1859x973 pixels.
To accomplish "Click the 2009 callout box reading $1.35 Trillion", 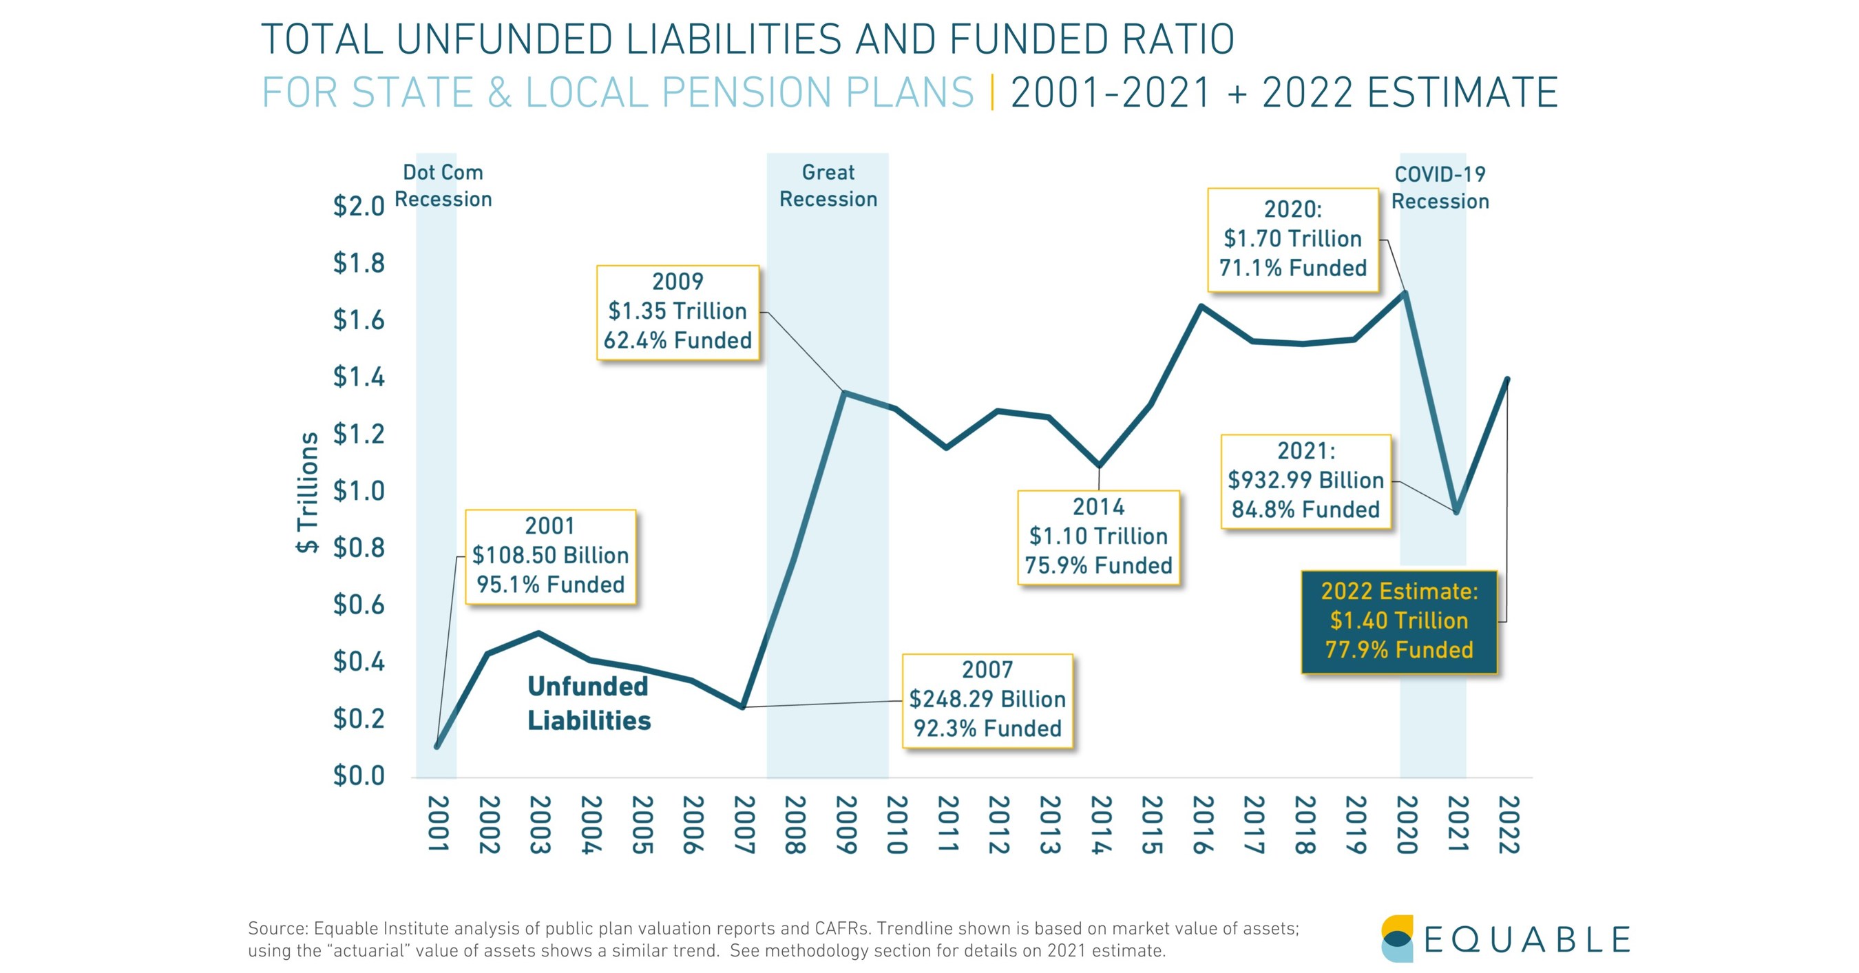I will coord(678,312).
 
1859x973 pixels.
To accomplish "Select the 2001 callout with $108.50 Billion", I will coord(550,556).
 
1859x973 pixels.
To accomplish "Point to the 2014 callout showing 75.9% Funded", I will coord(1098,536).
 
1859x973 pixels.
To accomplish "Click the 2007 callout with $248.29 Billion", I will coord(987,700).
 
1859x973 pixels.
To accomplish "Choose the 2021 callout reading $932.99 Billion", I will coord(1305,481).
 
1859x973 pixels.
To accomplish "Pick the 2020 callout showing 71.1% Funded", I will coord(1292,240).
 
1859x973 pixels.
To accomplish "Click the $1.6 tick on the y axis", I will coord(359,320).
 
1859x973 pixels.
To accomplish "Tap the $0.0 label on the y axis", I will coord(359,776).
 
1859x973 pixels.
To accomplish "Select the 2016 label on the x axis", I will coord(1202,824).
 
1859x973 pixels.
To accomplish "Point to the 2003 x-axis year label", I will coord(540,824).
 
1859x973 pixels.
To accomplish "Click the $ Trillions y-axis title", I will coord(308,493).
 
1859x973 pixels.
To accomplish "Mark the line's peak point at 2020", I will coord(1405,294).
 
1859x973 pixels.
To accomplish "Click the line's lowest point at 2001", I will coord(437,746).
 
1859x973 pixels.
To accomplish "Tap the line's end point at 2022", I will coord(1507,379).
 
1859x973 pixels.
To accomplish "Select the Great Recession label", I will coord(828,185).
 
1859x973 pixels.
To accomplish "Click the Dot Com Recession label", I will coord(443,185).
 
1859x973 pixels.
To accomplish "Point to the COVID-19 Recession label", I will coord(1440,188).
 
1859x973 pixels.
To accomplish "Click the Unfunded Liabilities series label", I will coord(588,703).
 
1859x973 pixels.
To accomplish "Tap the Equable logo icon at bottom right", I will coord(1397,939).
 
